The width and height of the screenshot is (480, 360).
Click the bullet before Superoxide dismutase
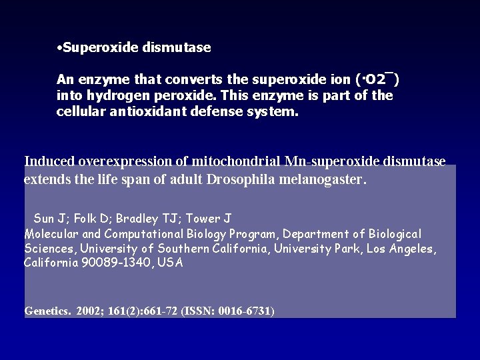[x=60, y=48]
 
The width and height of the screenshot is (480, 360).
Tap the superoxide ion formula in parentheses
[x=379, y=81]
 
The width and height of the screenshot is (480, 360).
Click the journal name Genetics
[x=47, y=311]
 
